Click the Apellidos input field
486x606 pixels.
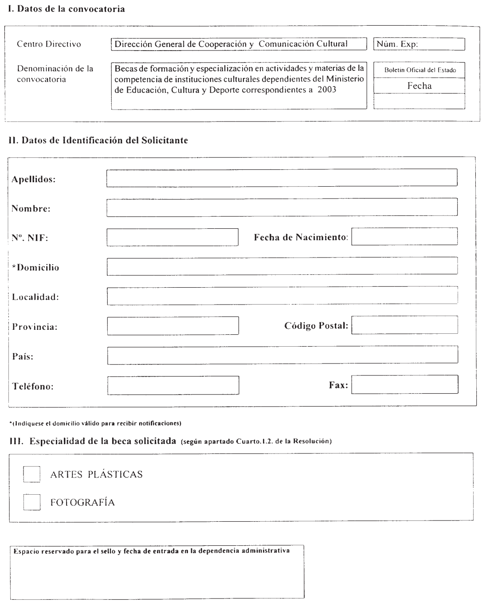(282, 178)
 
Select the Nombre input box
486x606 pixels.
(282, 207)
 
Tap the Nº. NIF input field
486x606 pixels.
(172, 237)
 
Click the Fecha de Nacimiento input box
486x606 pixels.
(404, 237)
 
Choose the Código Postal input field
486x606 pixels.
(404, 325)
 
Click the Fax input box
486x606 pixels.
(404, 385)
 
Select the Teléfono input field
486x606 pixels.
(173, 385)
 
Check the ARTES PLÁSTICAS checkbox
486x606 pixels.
(31, 474)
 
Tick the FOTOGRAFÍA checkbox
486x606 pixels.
(31, 502)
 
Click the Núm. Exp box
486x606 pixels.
(419, 44)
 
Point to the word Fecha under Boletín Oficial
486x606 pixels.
(419, 86)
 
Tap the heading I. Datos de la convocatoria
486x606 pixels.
(63, 9)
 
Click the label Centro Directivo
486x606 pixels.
(49, 44)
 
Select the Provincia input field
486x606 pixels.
(173, 326)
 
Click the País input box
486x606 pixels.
(282, 355)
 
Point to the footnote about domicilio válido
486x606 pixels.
(95, 423)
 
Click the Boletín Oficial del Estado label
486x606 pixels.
(419, 70)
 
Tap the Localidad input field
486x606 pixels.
(282, 296)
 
